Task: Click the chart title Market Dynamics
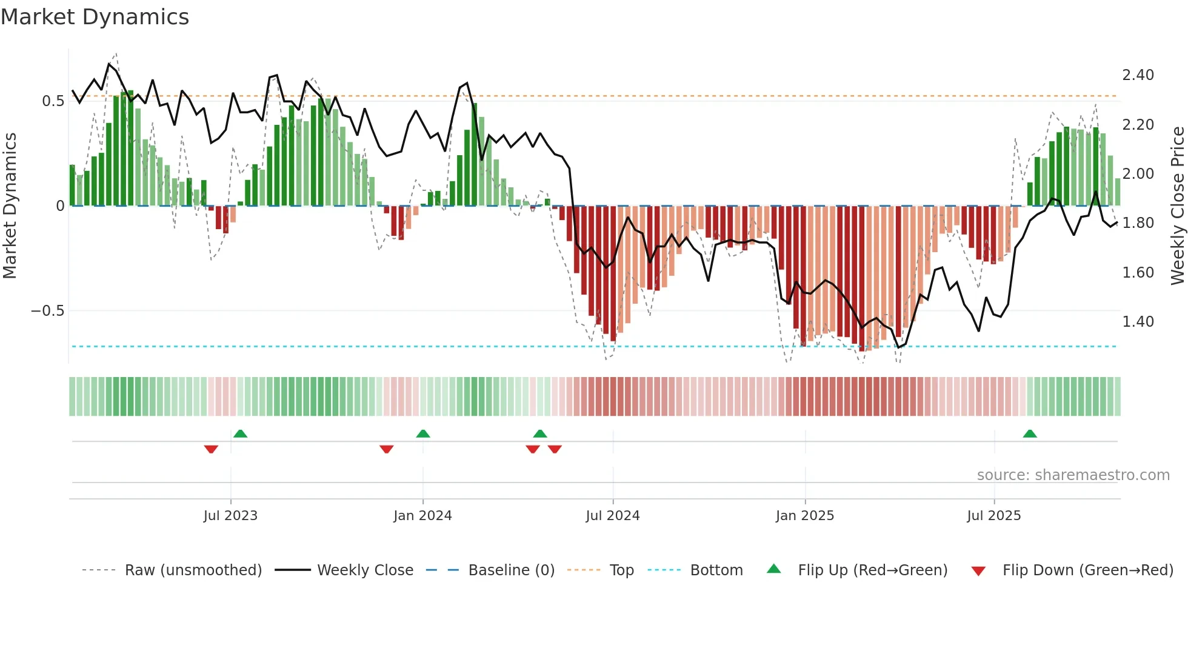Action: tap(95, 17)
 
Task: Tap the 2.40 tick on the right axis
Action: tap(1138, 75)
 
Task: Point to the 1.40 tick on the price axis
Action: tap(1138, 322)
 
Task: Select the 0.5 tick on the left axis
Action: tap(53, 101)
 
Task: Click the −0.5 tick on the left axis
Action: tap(47, 311)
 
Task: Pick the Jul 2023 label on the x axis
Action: tap(230, 516)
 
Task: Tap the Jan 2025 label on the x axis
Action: tap(804, 516)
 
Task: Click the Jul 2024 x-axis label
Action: tap(612, 516)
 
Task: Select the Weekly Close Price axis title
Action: tap(1177, 205)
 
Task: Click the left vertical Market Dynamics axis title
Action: tap(10, 205)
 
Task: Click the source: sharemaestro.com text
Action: tap(1073, 475)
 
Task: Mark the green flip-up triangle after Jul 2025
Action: tap(1029, 434)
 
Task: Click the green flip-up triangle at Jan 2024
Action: tap(423, 434)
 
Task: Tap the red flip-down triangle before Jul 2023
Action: tap(211, 449)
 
